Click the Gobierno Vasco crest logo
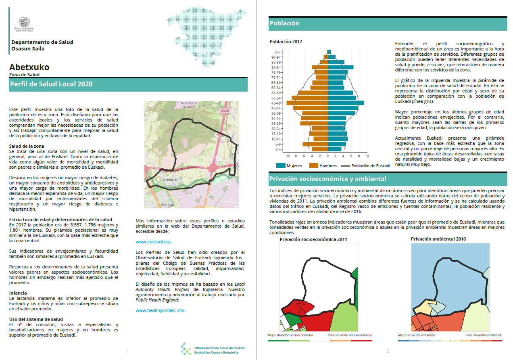[x=27, y=24]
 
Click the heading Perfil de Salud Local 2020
[x=51, y=84]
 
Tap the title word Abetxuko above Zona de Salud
[x=29, y=67]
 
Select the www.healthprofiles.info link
[x=160, y=310]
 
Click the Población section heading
[x=284, y=23]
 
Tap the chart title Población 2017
[x=286, y=42]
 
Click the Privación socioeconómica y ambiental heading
[x=327, y=179]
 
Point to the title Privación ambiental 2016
[x=438, y=239]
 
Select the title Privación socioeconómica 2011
[x=313, y=239]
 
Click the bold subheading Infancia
[x=18, y=293]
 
